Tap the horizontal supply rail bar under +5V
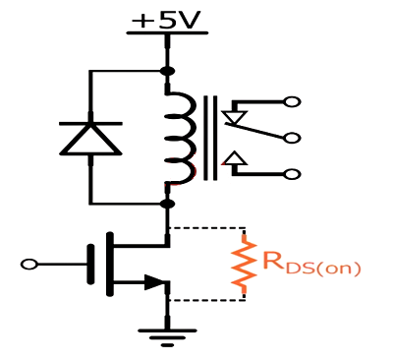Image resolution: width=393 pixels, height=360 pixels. [x=167, y=33]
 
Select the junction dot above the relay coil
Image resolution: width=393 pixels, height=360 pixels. [x=167, y=71]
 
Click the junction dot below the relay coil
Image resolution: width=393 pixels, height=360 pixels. [x=167, y=204]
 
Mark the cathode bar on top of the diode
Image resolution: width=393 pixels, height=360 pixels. [x=90, y=123]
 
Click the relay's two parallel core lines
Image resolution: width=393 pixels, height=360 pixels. [x=209, y=138]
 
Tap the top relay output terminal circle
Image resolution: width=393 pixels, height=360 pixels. [x=290, y=101]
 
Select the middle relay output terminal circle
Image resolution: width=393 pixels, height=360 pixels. [x=290, y=138]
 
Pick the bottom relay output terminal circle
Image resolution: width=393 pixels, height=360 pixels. [x=290, y=174]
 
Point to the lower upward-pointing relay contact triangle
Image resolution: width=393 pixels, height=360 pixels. [x=234, y=158]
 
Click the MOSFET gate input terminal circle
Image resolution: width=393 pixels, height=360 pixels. [x=29, y=264]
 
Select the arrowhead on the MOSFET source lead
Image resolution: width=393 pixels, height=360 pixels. [x=154, y=283]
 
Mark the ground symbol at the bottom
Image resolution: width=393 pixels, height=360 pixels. [x=167, y=335]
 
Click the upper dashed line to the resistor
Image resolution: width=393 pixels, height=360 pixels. [x=206, y=228]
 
